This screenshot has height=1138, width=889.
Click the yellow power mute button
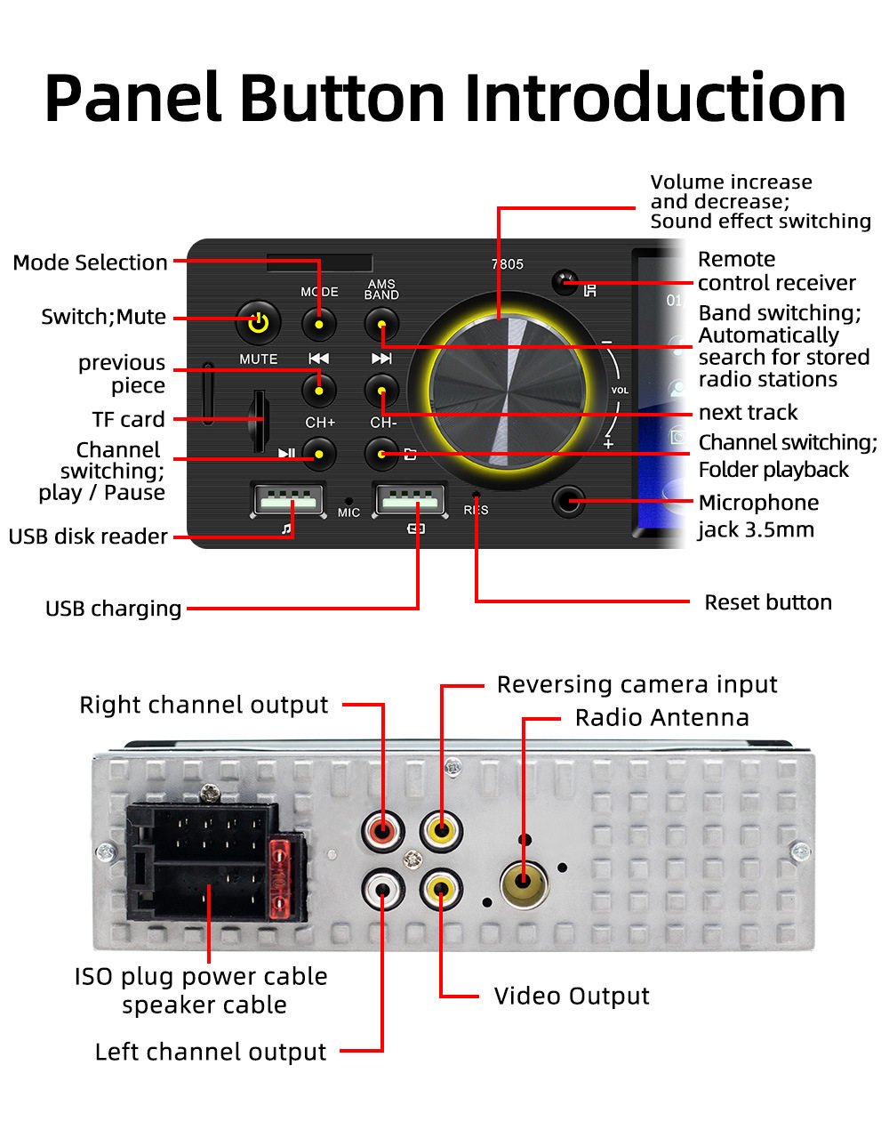point(258,322)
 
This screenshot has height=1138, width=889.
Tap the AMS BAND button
point(381,324)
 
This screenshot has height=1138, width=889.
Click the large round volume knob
point(507,392)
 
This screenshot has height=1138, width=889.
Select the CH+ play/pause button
point(319,455)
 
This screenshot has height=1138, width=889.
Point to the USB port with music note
point(286,500)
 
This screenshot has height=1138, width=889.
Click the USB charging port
point(409,500)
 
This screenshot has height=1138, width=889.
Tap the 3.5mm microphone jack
point(568,502)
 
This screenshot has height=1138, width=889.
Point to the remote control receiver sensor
point(565,283)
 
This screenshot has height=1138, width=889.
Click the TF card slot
point(259,419)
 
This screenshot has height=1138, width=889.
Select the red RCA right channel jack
point(383,832)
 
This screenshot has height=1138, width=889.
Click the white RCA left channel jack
point(383,888)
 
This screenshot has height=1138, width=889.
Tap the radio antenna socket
point(524,883)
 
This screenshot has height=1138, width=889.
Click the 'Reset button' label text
point(767,602)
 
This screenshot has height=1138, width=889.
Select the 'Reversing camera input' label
point(637,684)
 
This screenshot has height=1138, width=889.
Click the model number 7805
point(507,264)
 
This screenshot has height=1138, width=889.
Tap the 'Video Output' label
point(572,996)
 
